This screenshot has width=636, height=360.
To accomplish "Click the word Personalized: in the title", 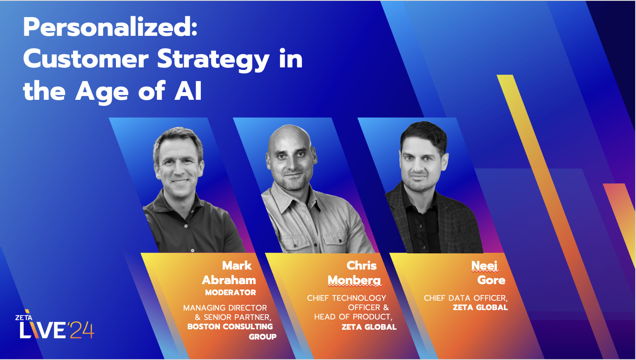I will coord(110,27).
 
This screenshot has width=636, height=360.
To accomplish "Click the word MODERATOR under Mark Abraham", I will coord(230,293).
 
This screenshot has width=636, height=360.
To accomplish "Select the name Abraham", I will coord(229,280).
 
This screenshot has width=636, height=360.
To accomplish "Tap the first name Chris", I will coord(361,265).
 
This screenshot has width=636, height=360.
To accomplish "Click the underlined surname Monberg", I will coord(354,280).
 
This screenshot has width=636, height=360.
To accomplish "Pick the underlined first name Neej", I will coord(484,266).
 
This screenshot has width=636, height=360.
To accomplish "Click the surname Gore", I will coord(491,280).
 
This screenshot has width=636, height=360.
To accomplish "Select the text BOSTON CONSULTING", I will coord(230,327).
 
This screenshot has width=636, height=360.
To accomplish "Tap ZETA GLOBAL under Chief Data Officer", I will coord(480,308).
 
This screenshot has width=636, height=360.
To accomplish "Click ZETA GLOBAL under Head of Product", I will coord(369,327).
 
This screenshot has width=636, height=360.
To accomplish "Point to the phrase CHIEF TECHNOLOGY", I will coord(346,298).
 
